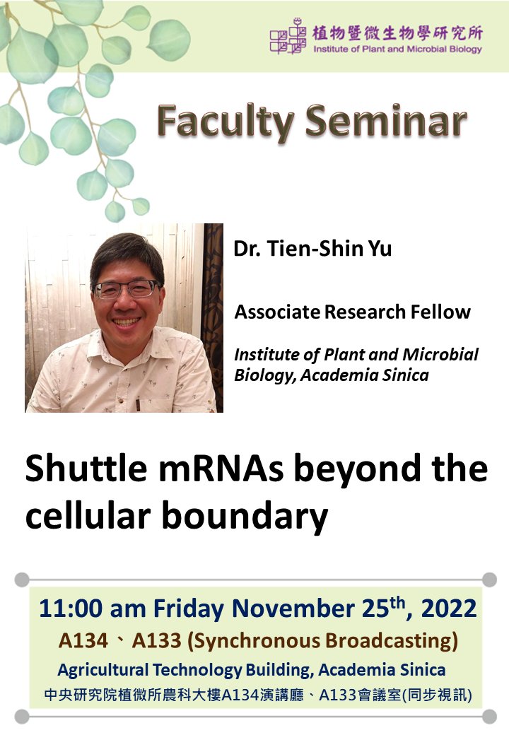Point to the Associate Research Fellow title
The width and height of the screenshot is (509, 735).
tap(352, 312)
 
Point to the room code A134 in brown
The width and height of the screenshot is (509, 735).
tap(82, 641)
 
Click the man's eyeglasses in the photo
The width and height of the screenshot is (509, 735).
tap(127, 289)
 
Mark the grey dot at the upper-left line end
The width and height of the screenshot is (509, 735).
tap(21, 580)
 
